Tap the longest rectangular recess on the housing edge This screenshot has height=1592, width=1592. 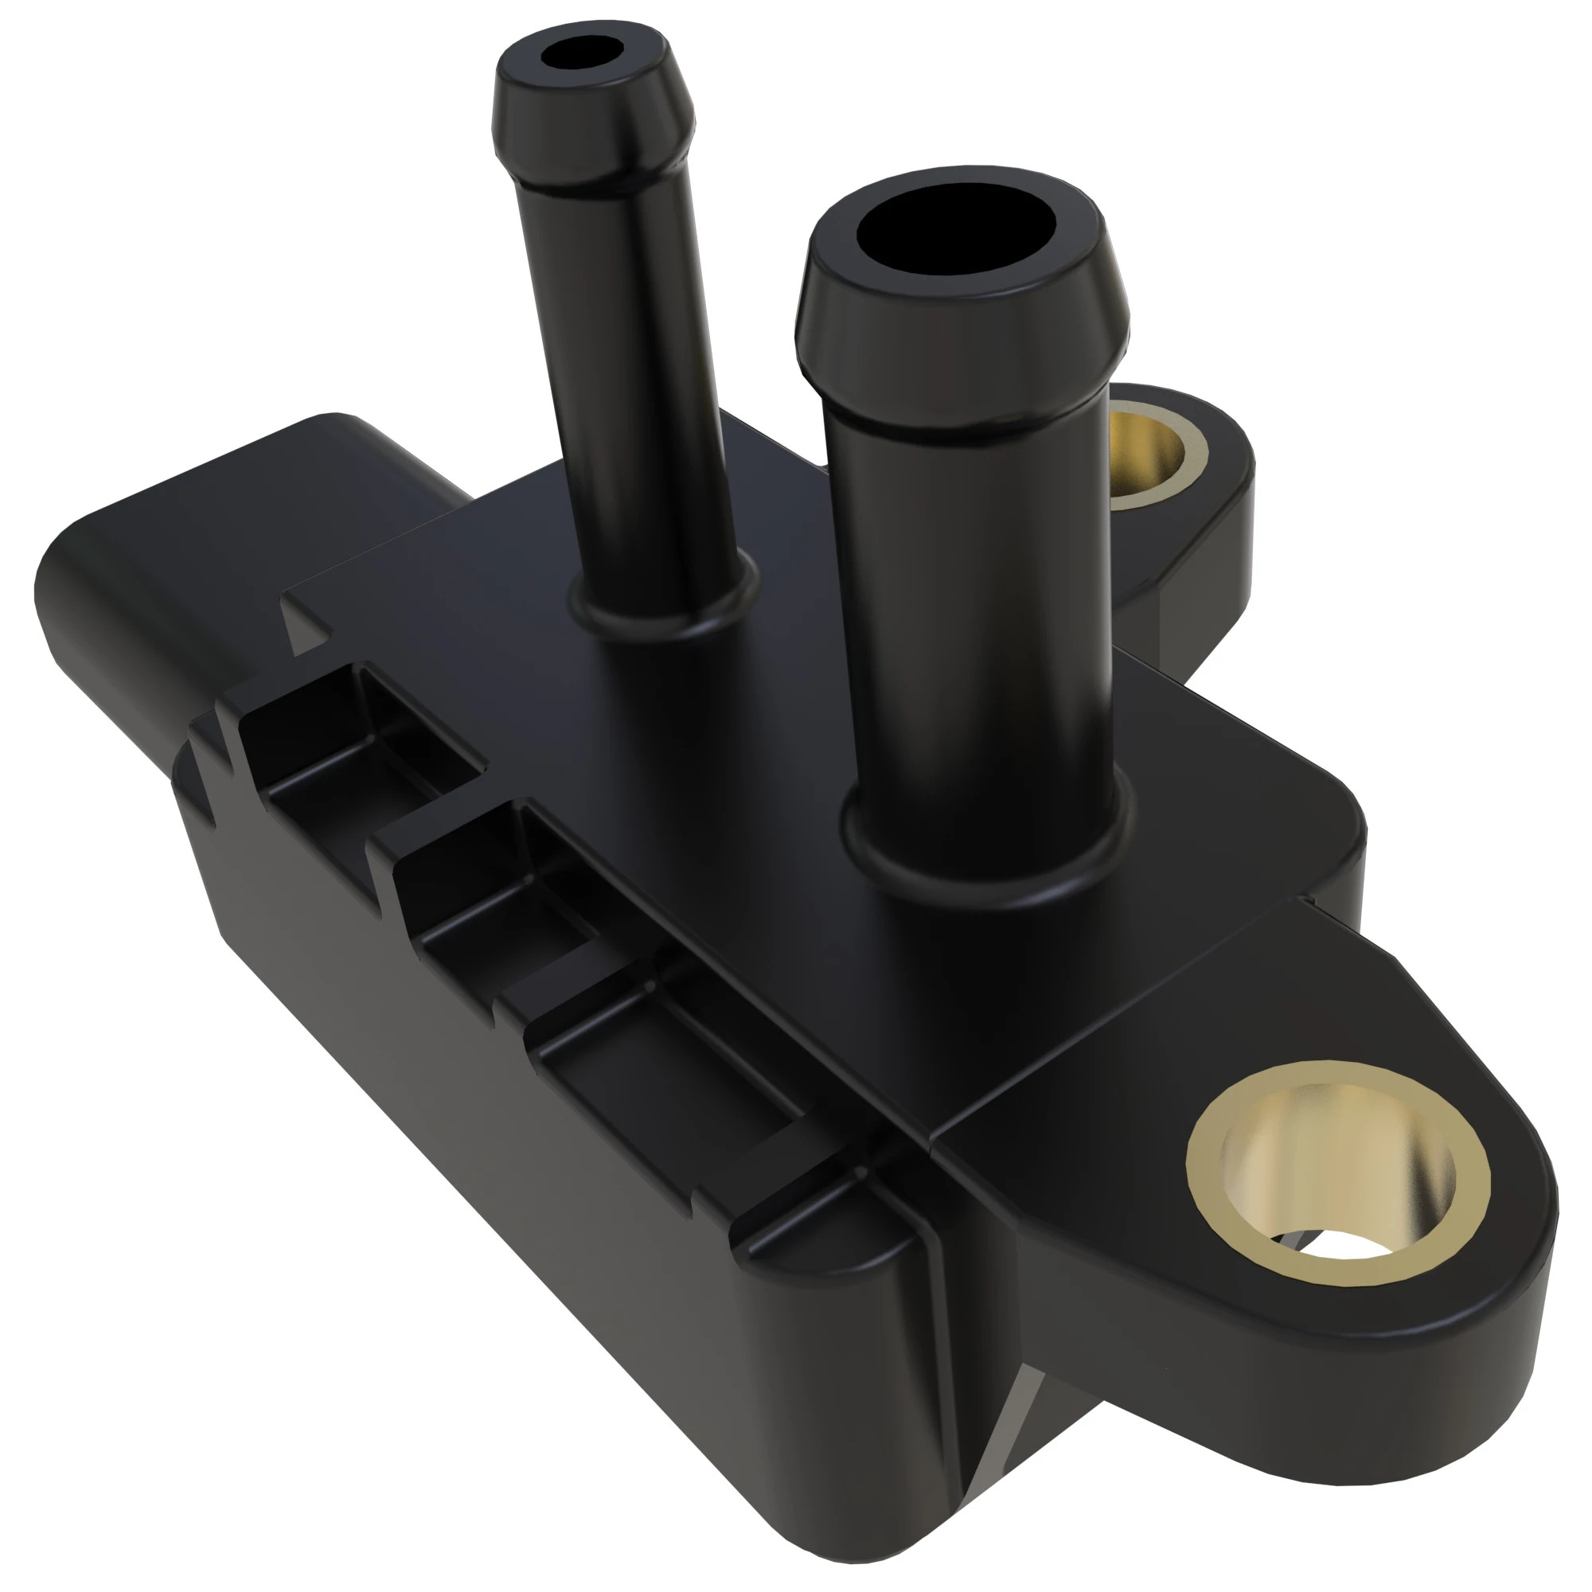tap(659, 1047)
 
